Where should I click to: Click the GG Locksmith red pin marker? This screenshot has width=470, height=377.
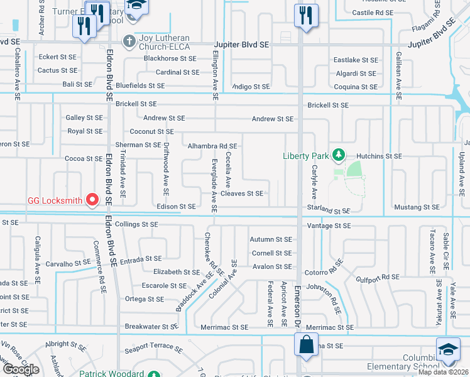pos(93,200)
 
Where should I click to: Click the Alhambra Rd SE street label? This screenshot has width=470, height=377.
pos(212,146)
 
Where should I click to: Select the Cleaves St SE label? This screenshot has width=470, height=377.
pos(242,194)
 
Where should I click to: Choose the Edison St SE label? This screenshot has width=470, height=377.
pos(176,206)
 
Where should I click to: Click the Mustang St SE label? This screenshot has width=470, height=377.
pos(416,207)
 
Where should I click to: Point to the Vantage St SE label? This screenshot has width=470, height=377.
pos(329,225)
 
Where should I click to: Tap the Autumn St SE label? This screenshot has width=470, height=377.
pos(271,239)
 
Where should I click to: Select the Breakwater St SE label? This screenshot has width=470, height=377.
pos(151,326)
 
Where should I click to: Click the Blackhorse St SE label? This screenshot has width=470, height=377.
pos(170,58)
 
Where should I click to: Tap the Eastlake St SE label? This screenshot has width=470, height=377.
pos(356,60)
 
